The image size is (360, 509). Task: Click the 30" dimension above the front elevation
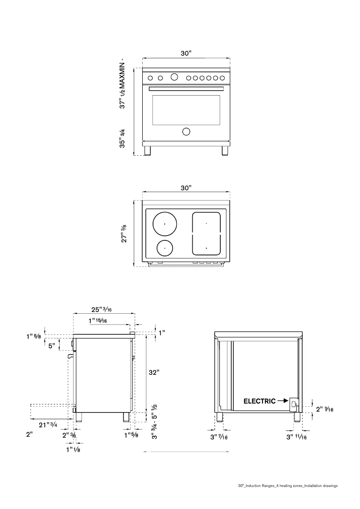tap(186, 53)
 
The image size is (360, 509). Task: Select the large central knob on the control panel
tap(174, 77)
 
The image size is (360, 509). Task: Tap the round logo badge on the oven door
tap(186, 132)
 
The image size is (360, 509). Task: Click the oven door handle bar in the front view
tap(186, 89)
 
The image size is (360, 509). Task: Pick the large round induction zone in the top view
tap(165, 223)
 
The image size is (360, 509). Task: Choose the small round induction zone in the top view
tap(165, 247)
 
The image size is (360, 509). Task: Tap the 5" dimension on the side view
tap(52, 346)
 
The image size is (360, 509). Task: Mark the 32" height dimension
tap(154, 372)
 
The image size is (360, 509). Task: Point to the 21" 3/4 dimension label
tap(48, 425)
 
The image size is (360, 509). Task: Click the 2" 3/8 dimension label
tap(69, 435)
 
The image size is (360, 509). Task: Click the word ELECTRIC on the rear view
tap(259, 401)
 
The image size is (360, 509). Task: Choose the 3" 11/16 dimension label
tap(297, 437)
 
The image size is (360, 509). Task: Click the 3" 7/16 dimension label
tap(220, 437)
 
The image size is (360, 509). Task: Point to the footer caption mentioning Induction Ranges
tap(287, 486)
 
